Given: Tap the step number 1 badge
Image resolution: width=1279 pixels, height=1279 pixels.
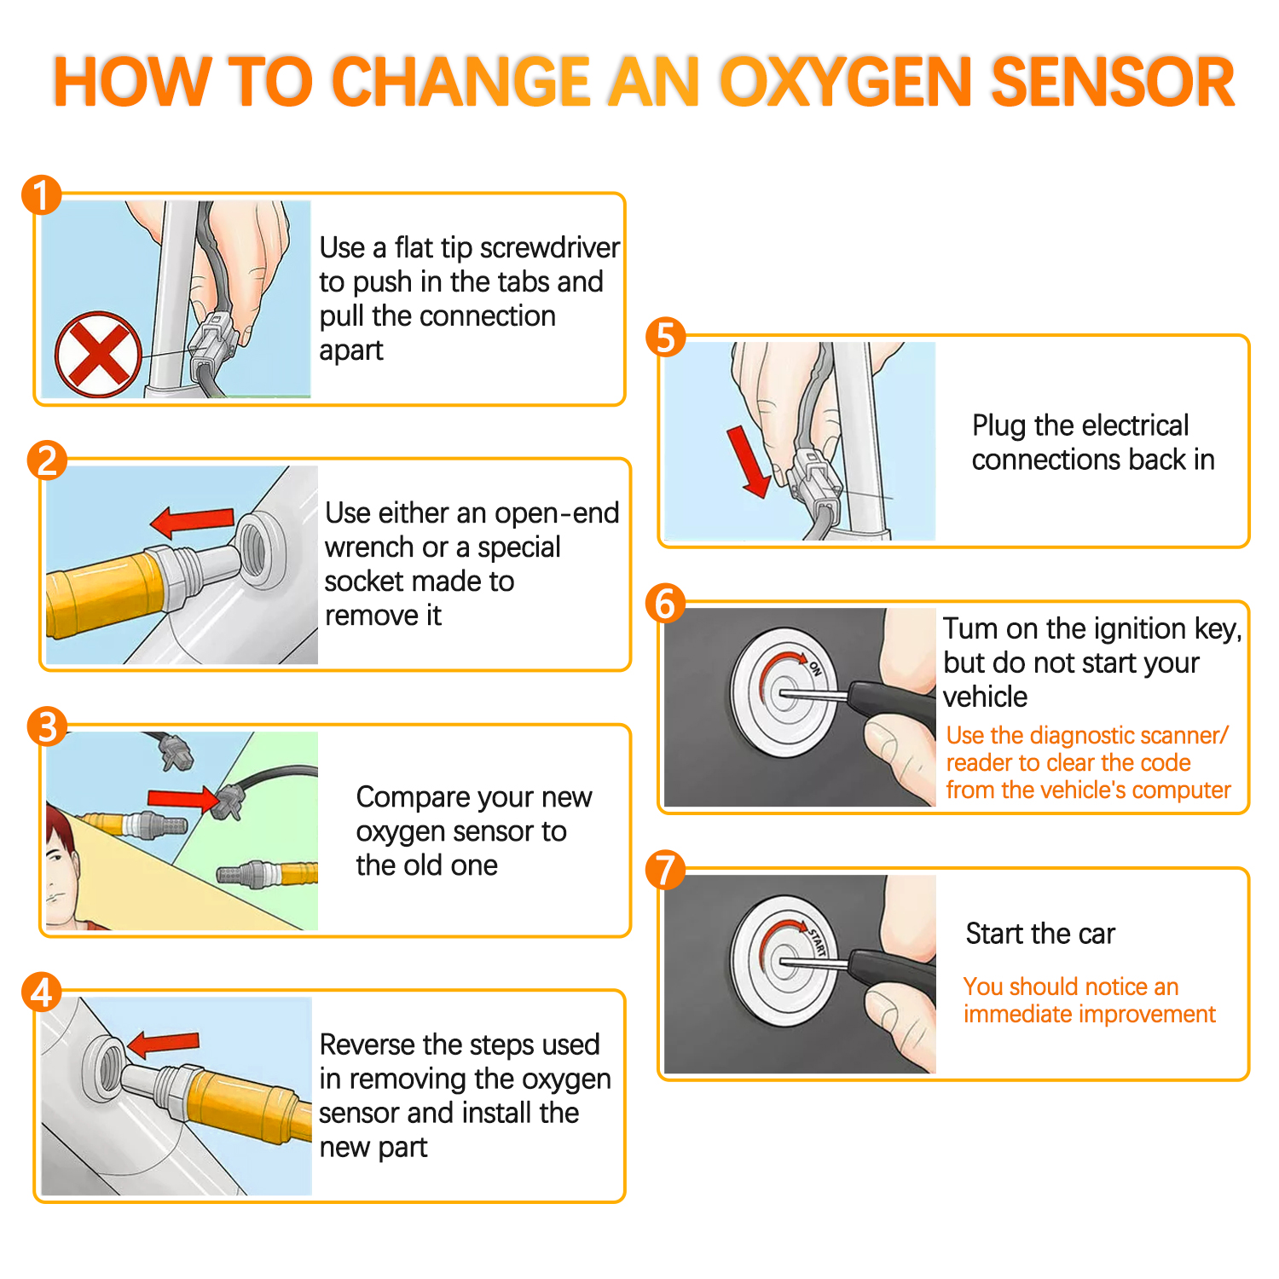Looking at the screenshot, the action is point(41,195).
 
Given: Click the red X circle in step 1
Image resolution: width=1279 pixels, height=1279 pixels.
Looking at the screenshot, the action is point(98,354).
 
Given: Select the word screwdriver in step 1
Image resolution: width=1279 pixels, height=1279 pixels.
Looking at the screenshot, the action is point(550,248).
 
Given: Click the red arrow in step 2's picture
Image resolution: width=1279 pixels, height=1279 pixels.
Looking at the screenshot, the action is point(192,520).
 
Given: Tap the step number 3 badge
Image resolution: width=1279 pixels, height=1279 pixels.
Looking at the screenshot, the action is point(46,726).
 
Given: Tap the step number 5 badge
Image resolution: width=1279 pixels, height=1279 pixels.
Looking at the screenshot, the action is point(666,338).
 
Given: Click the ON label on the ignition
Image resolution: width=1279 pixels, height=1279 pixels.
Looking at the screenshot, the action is point(815,669).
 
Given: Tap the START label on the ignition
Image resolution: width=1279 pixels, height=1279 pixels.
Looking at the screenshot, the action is point(818,941).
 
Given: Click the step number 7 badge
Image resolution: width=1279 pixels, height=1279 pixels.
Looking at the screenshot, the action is point(666,871).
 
